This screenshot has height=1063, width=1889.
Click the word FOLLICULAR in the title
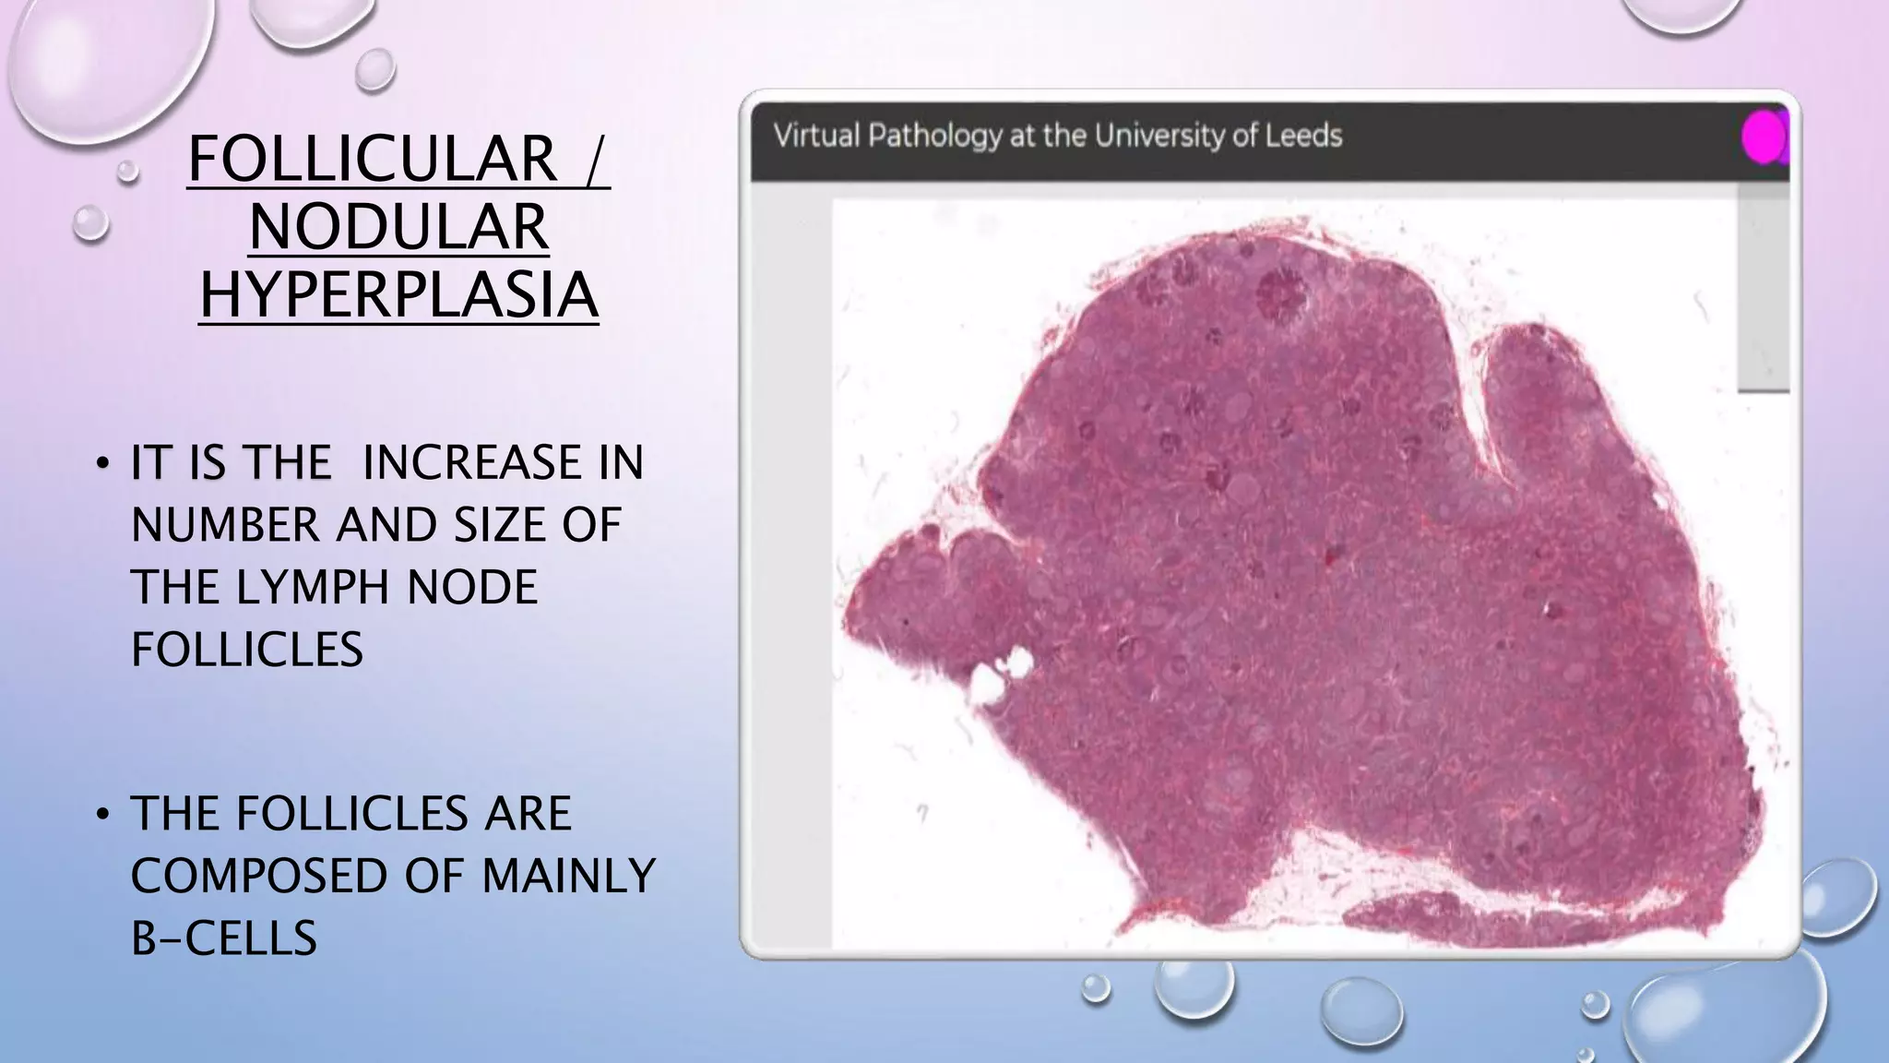point(373,160)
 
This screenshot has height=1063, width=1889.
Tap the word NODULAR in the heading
point(399,227)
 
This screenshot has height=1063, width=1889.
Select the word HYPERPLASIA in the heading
point(399,295)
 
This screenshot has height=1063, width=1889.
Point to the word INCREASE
point(502,463)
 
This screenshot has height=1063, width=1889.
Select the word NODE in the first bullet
point(472,588)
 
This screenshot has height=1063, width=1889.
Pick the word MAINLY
point(568,877)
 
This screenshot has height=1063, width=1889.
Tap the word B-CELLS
point(224,939)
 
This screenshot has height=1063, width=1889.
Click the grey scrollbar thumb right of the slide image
point(1763,288)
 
